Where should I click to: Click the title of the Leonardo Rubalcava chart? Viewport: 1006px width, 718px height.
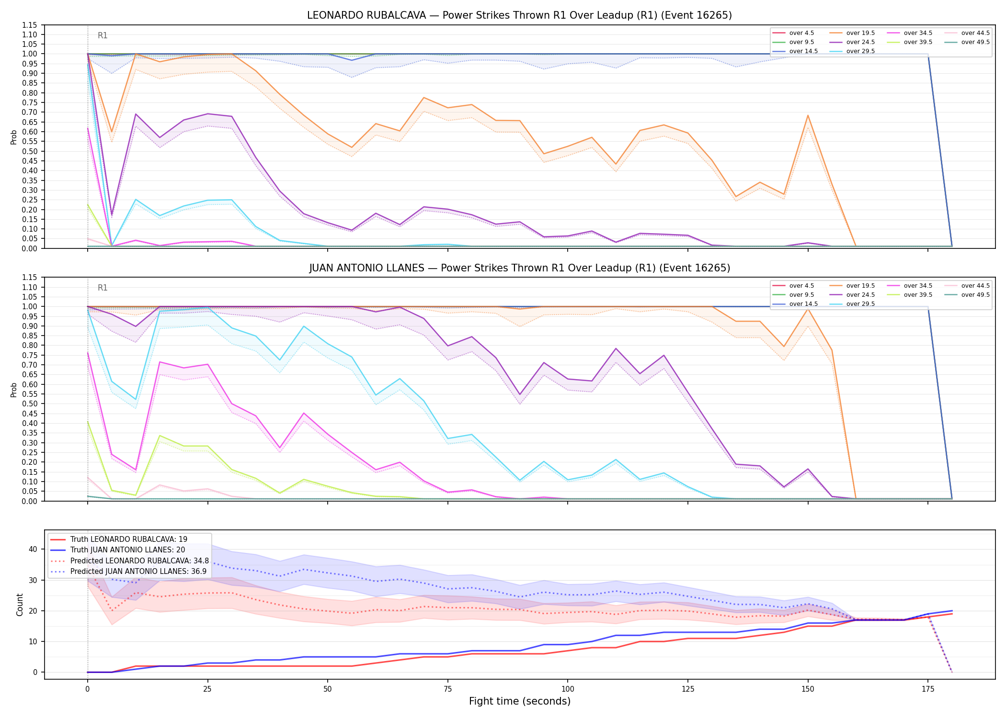click(x=519, y=15)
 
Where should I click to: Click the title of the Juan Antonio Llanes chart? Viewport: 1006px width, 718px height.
click(x=519, y=268)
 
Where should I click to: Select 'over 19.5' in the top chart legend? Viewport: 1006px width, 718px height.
click(x=860, y=33)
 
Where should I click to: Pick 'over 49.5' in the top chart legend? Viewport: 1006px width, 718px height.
click(x=975, y=42)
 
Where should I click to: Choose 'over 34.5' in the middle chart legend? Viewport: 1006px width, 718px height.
click(x=918, y=286)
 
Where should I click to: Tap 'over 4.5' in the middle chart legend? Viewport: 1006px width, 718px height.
click(x=801, y=286)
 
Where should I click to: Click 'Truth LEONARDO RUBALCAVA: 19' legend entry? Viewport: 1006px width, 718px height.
click(x=129, y=539)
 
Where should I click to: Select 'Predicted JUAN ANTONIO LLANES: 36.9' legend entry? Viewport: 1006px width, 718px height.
click(x=138, y=571)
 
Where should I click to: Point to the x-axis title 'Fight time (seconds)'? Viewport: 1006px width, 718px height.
click(x=520, y=701)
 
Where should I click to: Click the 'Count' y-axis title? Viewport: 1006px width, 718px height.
click(x=20, y=605)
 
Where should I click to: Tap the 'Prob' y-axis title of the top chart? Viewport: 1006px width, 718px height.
click(x=14, y=137)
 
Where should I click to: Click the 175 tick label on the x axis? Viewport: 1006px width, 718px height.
click(x=928, y=689)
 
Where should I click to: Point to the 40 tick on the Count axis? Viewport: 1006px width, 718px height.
click(x=33, y=549)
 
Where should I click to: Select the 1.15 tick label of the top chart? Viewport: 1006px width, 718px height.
click(x=30, y=25)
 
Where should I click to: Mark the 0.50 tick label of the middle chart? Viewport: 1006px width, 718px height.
click(x=30, y=404)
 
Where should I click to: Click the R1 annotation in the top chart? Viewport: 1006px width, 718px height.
click(x=103, y=35)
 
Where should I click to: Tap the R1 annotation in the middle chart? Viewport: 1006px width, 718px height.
click(x=103, y=288)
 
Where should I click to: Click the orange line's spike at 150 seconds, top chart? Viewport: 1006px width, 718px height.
click(x=808, y=115)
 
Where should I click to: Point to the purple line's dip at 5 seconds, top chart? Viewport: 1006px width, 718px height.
click(x=112, y=215)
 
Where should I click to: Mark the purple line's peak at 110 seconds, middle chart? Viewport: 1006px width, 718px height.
click(x=616, y=348)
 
